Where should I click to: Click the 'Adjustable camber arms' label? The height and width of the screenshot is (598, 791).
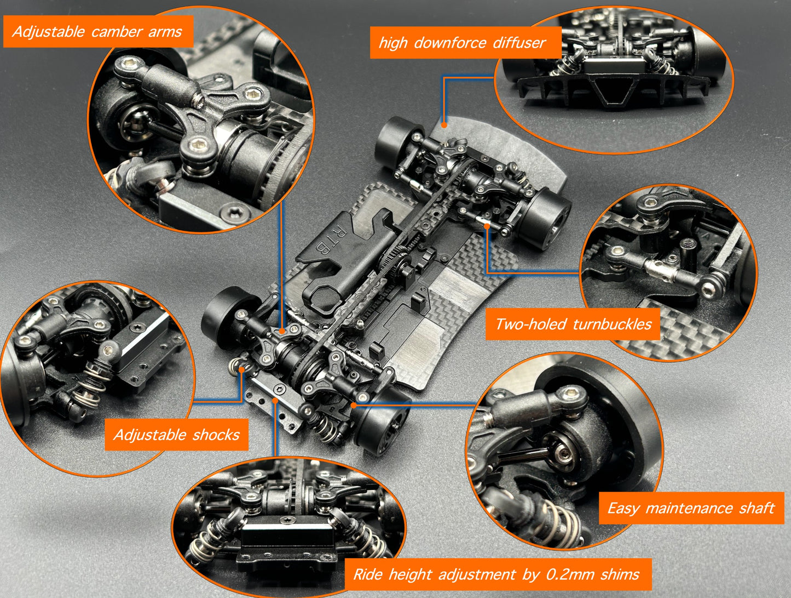click(97, 32)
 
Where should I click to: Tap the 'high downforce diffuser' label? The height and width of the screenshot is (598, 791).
click(463, 43)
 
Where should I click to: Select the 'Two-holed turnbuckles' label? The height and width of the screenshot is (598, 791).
click(573, 324)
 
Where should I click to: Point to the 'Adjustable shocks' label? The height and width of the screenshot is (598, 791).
click(176, 435)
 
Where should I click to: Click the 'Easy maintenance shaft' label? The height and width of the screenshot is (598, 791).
click(691, 508)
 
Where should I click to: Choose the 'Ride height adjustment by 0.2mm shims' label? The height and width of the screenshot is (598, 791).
click(496, 574)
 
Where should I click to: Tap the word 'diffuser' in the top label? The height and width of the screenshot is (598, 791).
click(519, 43)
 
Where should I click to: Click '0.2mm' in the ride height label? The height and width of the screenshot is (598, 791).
click(569, 574)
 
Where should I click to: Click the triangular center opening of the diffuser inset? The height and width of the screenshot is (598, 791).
click(612, 90)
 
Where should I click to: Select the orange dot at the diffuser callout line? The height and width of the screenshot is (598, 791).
click(444, 125)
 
